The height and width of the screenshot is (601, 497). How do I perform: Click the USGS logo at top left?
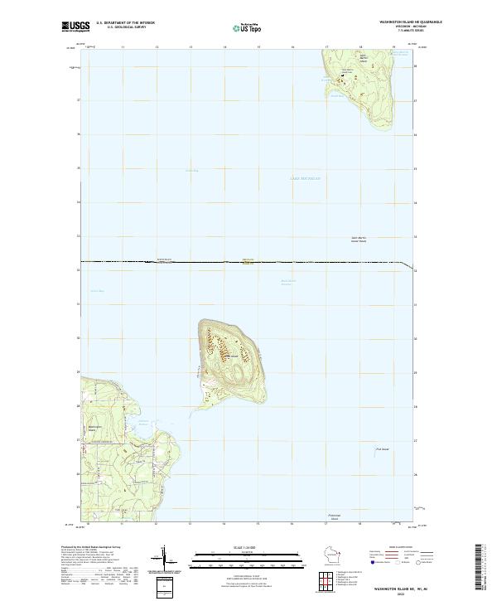(x=76, y=27)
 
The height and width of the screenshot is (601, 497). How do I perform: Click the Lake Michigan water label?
(x=305, y=178)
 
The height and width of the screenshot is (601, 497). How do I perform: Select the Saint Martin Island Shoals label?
(x=364, y=240)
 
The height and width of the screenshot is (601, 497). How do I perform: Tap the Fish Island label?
(x=382, y=449)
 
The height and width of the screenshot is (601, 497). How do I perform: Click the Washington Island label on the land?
(x=93, y=429)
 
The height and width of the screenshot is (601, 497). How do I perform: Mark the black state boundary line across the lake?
(x=248, y=263)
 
